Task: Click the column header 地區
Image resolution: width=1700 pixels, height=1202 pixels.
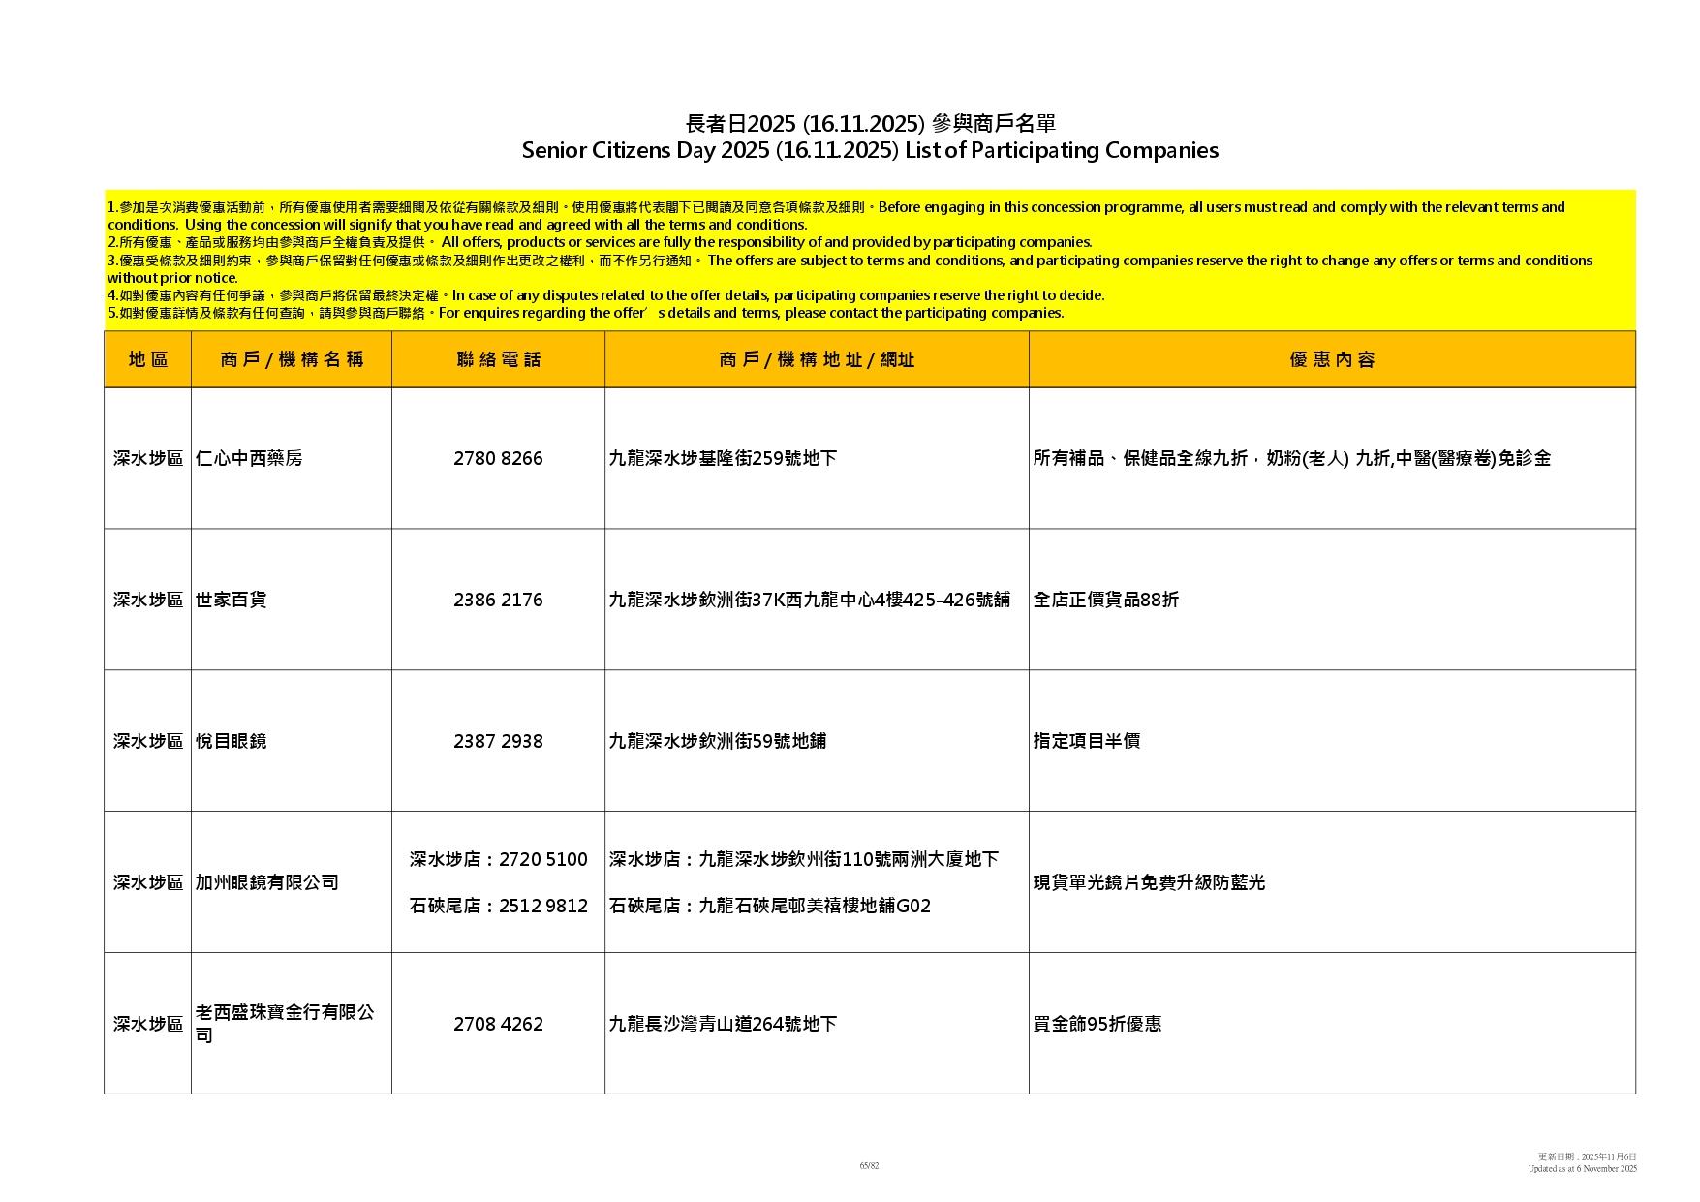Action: click(x=147, y=360)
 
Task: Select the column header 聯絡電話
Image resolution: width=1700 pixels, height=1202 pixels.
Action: click(x=498, y=360)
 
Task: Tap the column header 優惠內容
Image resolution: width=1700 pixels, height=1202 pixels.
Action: click(x=1332, y=360)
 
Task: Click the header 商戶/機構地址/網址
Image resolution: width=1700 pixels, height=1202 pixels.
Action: click(x=817, y=360)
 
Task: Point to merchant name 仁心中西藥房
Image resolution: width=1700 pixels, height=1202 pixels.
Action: click(x=249, y=459)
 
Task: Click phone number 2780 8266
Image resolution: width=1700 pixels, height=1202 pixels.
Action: click(x=498, y=459)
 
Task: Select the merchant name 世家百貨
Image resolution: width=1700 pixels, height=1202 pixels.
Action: click(x=231, y=601)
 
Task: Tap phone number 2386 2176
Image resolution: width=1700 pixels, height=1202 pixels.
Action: click(x=498, y=601)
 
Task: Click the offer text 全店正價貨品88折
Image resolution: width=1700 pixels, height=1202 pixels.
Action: click(x=1105, y=601)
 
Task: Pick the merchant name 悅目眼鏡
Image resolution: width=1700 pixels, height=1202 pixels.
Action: click(x=231, y=742)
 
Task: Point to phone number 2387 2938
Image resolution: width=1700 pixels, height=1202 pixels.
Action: click(x=498, y=742)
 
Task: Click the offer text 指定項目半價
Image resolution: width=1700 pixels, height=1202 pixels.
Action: click(x=1086, y=742)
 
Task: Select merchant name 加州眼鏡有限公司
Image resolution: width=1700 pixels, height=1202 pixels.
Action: click(x=266, y=883)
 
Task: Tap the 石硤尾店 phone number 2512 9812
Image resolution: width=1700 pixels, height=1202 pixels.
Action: click(x=543, y=907)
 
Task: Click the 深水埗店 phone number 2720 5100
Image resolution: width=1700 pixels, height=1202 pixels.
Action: click(x=543, y=860)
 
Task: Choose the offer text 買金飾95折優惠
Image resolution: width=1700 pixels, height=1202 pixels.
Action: click(x=1097, y=1025)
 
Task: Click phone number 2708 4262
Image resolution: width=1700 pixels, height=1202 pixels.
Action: click(x=498, y=1025)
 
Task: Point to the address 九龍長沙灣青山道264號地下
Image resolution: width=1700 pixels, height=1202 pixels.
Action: click(x=723, y=1025)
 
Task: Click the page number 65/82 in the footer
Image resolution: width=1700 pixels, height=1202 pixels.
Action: click(x=869, y=1166)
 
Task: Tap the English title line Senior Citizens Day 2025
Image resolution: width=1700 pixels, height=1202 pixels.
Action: click(x=869, y=151)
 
